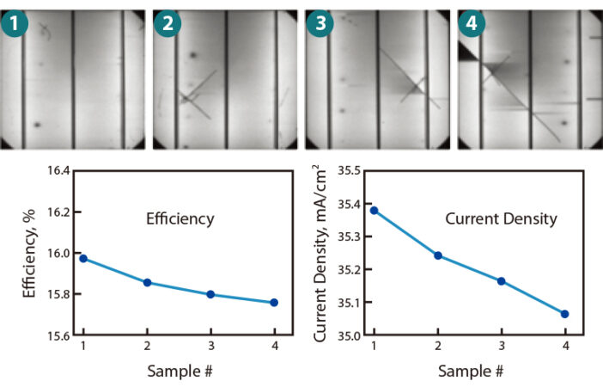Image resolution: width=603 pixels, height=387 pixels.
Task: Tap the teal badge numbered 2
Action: click(168, 23)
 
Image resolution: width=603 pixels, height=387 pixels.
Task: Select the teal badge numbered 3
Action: click(320, 23)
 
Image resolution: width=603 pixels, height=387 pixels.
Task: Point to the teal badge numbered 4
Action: click(472, 23)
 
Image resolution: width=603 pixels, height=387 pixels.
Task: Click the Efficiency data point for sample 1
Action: click(83, 258)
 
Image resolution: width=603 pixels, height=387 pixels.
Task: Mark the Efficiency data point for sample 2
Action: click(147, 282)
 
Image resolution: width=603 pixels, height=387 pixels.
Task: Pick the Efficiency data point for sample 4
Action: click(274, 303)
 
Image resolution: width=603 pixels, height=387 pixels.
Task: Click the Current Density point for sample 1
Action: click(374, 210)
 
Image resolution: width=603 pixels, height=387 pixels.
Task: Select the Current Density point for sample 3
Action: click(501, 281)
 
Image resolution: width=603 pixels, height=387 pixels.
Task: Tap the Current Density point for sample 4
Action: click(564, 314)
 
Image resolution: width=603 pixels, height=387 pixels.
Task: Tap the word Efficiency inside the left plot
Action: click(180, 219)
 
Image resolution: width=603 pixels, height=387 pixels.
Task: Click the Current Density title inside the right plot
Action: click(501, 219)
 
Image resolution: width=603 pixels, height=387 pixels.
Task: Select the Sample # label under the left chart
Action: click(179, 372)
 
